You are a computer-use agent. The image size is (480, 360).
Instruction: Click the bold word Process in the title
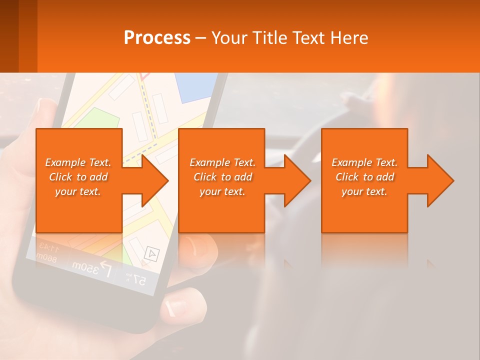pyautogui.click(x=157, y=37)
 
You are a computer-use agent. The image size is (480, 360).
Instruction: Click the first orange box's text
pyautogui.click(x=78, y=177)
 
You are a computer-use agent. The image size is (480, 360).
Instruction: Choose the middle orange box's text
pyautogui.click(x=222, y=177)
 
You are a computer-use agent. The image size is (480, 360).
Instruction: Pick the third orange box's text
pyautogui.click(x=364, y=177)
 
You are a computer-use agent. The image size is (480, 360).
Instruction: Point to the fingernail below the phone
pyautogui.click(x=175, y=304)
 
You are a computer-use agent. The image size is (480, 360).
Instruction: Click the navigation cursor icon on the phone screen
pyautogui.click(x=150, y=254)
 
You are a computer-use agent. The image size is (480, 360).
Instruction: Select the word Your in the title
pyautogui.click(x=229, y=37)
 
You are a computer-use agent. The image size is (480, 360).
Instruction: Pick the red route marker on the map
pyautogui.click(x=144, y=76)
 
